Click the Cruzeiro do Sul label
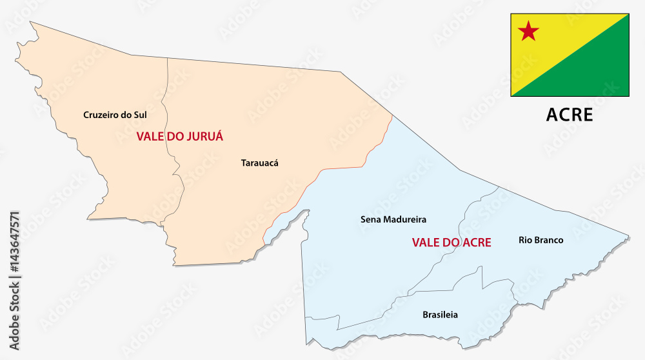(115, 115)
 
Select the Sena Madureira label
(393, 219)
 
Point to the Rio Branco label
(541, 240)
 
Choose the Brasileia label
(440, 315)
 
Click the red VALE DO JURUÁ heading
(179, 137)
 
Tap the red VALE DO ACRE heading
(451, 243)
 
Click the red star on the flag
(529, 30)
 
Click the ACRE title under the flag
(570, 115)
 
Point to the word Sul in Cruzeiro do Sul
(139, 115)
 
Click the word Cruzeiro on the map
(100, 115)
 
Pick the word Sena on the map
(370, 219)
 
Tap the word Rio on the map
(525, 240)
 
